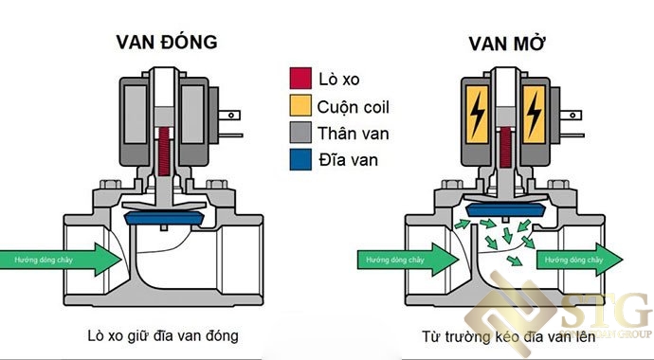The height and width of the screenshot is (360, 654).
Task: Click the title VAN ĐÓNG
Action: (x=167, y=42)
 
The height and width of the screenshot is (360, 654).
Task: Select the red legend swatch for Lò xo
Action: (x=300, y=81)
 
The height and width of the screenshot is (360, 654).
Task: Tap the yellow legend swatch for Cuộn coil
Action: (x=300, y=107)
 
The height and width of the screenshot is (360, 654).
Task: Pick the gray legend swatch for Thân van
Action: (x=300, y=134)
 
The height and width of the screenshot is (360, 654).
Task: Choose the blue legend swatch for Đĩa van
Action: (x=300, y=160)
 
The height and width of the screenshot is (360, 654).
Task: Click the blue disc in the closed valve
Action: (x=169, y=219)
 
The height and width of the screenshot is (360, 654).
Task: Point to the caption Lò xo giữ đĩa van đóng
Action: (x=168, y=335)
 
